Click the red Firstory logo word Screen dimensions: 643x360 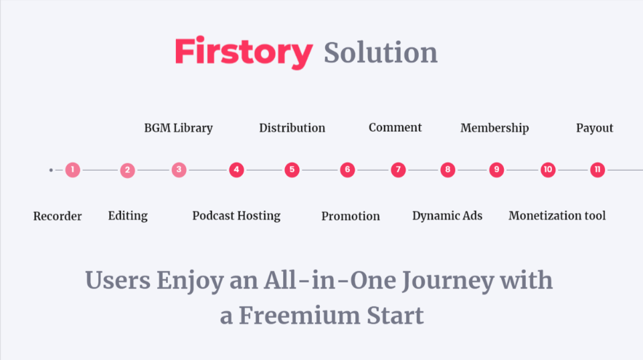[x=244, y=52]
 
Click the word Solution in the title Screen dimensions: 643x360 [x=381, y=52]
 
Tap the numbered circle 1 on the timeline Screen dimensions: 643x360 [x=72, y=170]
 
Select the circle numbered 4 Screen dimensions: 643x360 [x=236, y=170]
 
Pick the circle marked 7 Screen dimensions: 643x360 [x=398, y=170]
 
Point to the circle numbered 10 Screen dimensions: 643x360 [x=548, y=170]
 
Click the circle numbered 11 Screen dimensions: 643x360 [x=598, y=170]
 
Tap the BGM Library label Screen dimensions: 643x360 [x=179, y=128]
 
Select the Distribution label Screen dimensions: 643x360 [x=292, y=128]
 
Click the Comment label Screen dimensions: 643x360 [x=395, y=128]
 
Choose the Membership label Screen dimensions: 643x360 [x=494, y=128]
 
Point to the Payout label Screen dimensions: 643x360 [x=595, y=128]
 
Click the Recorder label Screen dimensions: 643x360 [x=58, y=216]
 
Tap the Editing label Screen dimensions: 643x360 [x=128, y=216]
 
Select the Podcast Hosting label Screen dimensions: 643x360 [x=236, y=216]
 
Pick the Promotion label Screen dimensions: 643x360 [x=351, y=216]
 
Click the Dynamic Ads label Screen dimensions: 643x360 [x=448, y=216]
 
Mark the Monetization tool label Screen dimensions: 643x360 [x=557, y=215]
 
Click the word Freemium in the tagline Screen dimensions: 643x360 [x=299, y=316]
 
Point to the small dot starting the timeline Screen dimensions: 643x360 [x=51, y=170]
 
